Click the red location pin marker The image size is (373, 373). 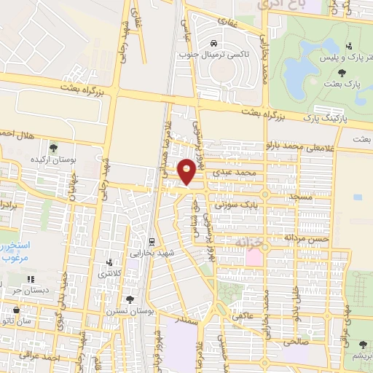point(188,171)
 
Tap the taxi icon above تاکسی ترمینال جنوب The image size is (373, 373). point(213,42)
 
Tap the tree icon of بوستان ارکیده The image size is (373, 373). point(52,148)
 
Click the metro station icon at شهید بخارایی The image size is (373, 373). point(152,241)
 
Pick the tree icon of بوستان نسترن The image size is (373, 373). point(130,299)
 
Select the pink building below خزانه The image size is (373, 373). point(254,257)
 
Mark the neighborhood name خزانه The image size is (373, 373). point(250,241)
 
